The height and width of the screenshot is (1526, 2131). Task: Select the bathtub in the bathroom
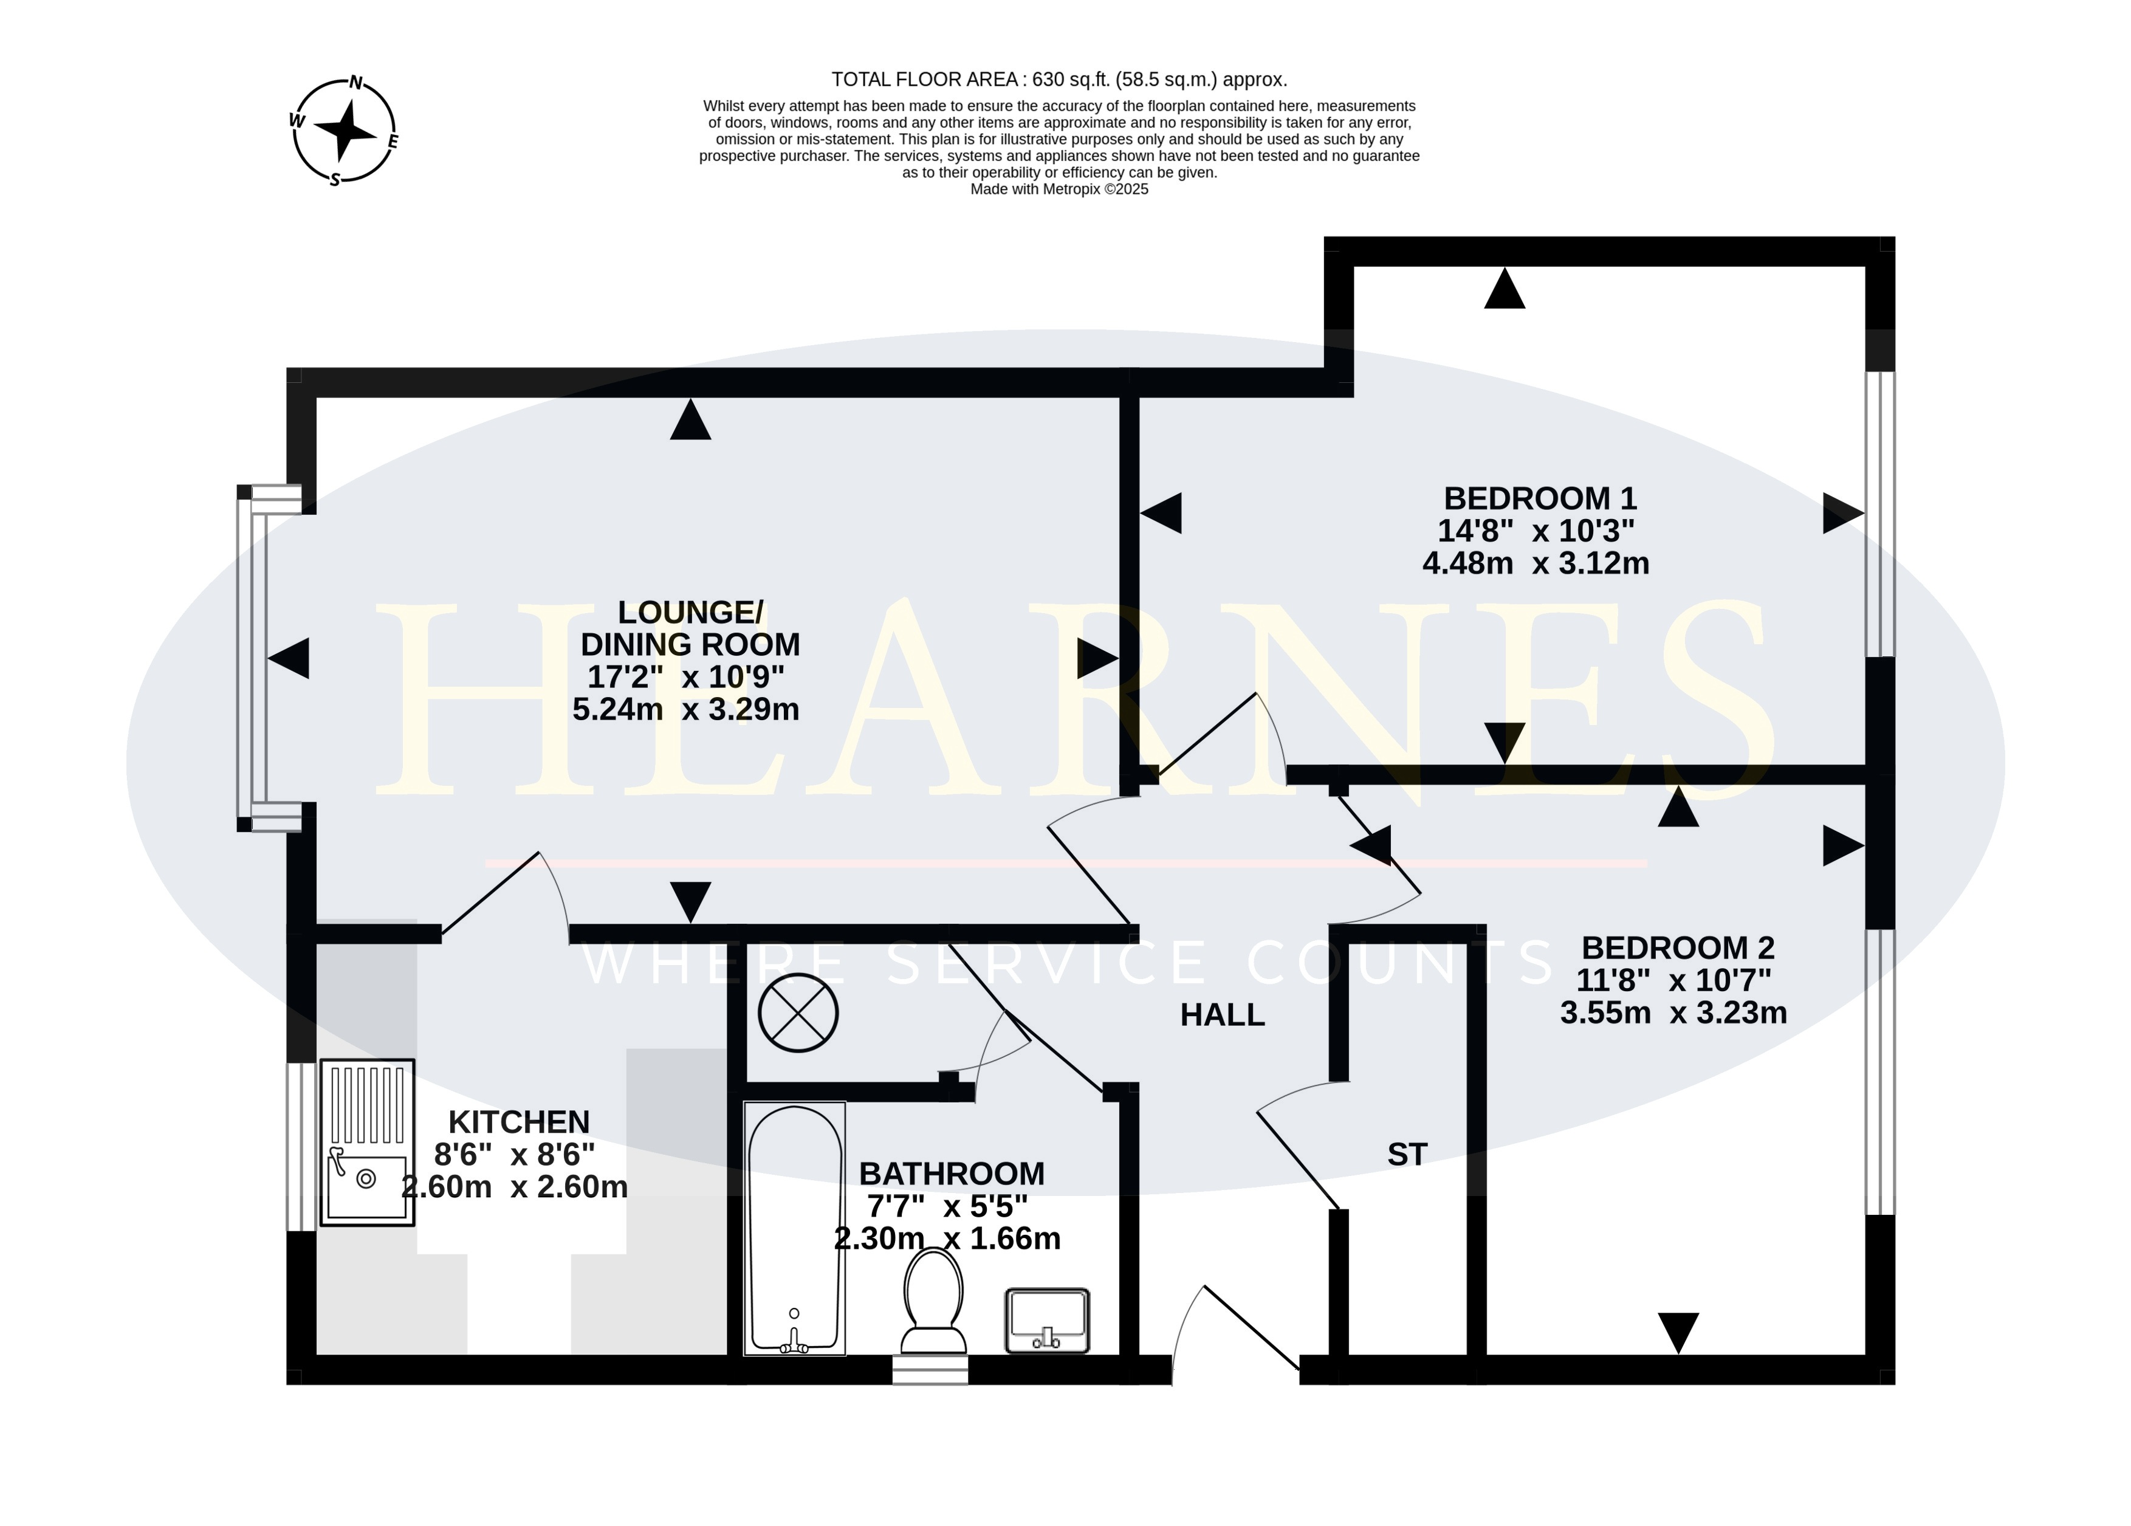pyautogui.click(x=795, y=1228)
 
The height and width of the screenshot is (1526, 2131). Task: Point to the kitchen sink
pyautogui.click(x=368, y=1143)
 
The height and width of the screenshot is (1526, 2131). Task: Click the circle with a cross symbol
pyautogui.click(x=798, y=1014)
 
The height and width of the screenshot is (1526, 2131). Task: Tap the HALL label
pyautogui.click(x=1223, y=1015)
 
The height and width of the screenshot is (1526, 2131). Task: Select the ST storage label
pyautogui.click(x=1407, y=1155)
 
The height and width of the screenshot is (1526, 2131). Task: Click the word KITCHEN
pyautogui.click(x=519, y=1122)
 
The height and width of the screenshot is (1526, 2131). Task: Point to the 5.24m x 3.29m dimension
pyautogui.click(x=686, y=709)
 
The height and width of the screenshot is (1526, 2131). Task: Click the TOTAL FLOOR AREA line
pyautogui.click(x=1059, y=80)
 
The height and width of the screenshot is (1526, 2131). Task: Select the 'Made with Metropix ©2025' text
pyautogui.click(x=1059, y=189)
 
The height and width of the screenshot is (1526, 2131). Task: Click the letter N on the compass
pyautogui.click(x=356, y=83)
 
